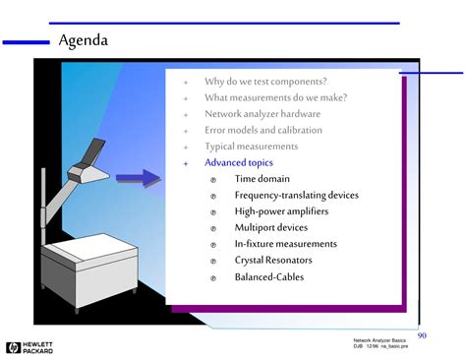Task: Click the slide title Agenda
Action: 84,41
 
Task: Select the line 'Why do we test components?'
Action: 265,82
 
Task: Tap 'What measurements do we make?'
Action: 275,97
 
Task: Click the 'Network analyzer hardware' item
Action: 262,114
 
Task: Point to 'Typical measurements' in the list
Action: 251,147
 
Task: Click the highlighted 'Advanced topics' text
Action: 239,162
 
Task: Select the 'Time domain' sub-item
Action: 262,179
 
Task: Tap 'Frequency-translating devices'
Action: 296,195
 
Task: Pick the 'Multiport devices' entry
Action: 270,227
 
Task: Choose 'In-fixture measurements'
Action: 285,244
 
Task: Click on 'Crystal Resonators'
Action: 273,261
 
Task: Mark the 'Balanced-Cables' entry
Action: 268,277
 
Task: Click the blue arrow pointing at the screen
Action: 137,178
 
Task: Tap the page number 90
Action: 422,335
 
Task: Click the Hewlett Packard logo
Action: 29,346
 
